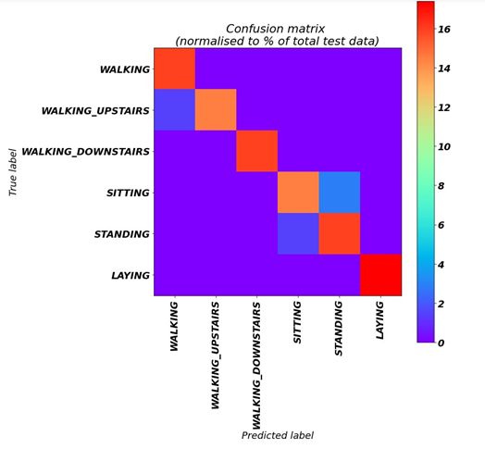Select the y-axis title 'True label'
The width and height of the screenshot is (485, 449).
[14, 171]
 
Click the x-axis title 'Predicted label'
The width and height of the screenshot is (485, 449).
[278, 435]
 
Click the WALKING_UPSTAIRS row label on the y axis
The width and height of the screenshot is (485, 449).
[95, 111]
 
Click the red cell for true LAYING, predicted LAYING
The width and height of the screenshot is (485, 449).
[380, 275]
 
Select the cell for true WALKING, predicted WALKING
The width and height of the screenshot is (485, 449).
[174, 69]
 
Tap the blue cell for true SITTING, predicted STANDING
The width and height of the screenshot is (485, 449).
[340, 193]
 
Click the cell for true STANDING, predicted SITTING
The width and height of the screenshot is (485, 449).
[298, 233]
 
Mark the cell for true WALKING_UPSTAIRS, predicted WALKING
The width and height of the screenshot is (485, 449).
[174, 110]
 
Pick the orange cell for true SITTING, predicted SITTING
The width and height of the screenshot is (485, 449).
[298, 193]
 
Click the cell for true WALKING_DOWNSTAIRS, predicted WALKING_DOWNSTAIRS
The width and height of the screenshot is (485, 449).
[256, 152]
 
